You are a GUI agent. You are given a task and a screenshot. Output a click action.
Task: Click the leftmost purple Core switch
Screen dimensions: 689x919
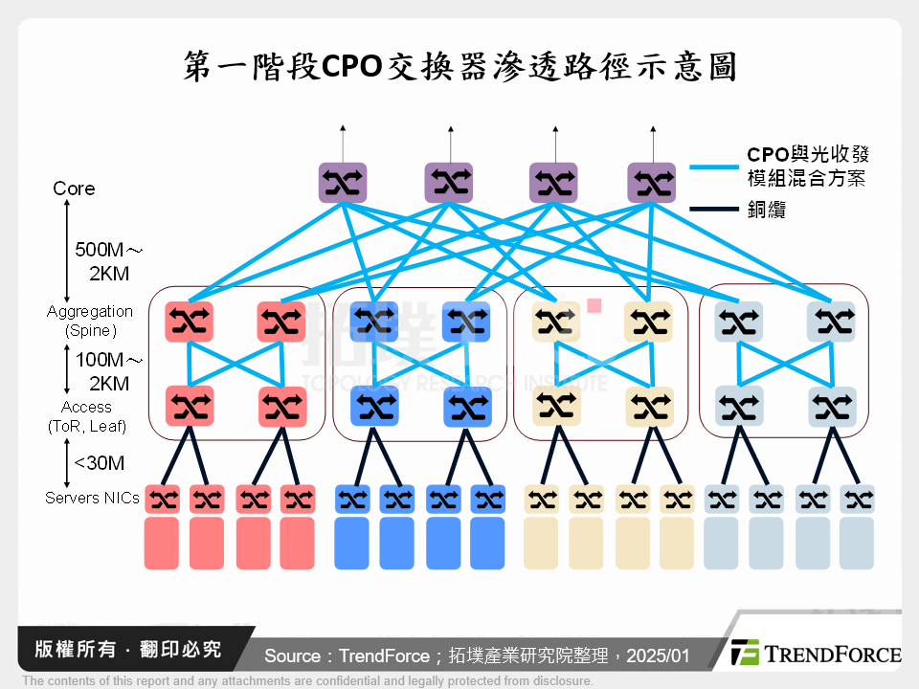[343, 184]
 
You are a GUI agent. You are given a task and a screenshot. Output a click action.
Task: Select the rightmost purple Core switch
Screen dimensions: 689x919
[651, 184]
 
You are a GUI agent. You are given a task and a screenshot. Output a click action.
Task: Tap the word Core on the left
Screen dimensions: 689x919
[74, 189]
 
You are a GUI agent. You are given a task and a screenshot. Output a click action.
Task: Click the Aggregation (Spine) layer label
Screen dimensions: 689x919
[90, 321]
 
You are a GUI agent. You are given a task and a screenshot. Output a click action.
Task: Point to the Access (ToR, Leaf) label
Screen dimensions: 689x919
[87, 416]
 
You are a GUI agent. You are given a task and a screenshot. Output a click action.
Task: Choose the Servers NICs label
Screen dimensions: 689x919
[92, 498]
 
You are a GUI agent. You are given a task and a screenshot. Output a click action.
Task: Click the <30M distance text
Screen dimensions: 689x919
[100, 463]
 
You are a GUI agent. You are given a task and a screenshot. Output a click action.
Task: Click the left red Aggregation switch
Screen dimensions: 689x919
[189, 322]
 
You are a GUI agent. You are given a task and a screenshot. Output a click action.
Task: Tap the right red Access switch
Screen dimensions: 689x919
[282, 407]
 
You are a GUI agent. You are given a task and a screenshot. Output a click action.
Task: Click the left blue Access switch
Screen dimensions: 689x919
[374, 407]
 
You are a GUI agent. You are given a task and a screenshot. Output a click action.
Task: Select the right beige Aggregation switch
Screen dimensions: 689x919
[648, 322]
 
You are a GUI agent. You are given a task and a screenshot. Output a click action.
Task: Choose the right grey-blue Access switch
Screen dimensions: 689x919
[831, 407]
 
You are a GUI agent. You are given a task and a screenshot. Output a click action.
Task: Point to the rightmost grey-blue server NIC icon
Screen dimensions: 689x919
[857, 500]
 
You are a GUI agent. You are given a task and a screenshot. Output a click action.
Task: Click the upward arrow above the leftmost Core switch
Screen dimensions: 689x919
[343, 140]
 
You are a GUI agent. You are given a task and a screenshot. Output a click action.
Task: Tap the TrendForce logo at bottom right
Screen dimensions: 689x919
[815, 654]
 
